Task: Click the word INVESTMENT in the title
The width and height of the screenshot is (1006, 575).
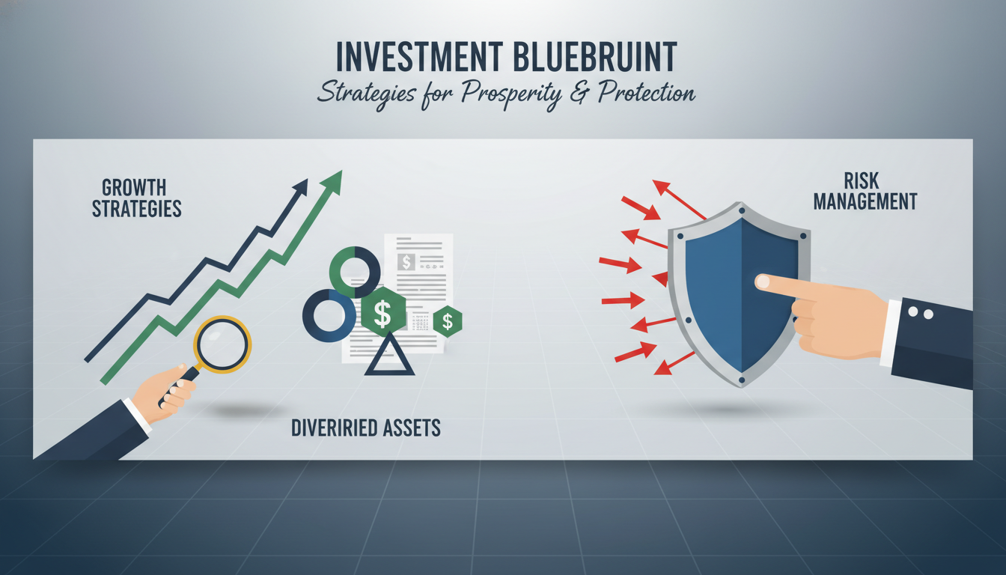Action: pos(419,57)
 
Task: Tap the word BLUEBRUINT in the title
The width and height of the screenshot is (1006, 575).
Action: pos(594,57)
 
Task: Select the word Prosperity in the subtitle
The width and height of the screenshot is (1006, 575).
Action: pos(511,94)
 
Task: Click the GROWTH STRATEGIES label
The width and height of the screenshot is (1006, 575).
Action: pos(136,198)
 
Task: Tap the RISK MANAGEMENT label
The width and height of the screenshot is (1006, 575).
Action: pos(865,191)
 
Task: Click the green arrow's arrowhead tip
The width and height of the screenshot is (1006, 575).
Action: pos(342,171)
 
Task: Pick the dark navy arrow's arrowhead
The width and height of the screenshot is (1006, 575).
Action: pos(301,186)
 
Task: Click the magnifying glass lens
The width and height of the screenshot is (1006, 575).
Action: pos(222,344)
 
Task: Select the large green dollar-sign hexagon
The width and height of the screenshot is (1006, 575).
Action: pos(383,311)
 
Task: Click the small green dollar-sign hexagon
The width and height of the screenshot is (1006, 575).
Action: pos(448,321)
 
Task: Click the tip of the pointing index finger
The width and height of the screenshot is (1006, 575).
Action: pos(760,282)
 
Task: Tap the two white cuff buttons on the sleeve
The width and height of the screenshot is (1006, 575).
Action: pos(921,313)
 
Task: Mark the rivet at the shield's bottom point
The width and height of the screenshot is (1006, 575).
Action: pos(742,380)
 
